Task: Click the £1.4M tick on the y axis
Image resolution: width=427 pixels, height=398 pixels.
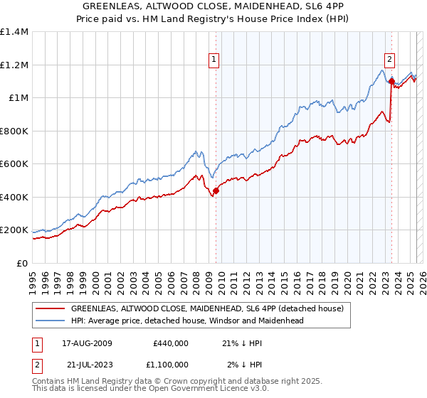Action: point(14,32)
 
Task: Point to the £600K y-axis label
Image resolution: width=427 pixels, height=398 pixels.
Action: point(14,164)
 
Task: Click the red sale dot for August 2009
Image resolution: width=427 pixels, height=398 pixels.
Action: point(216,190)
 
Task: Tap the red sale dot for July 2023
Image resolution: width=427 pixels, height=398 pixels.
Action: point(391,82)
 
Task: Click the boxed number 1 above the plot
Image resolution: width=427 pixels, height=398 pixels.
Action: point(213,60)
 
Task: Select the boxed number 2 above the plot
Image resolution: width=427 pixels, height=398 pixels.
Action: point(390,60)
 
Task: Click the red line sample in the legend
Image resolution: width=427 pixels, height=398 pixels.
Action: point(49,308)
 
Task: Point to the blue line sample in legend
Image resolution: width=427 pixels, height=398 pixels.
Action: point(49,321)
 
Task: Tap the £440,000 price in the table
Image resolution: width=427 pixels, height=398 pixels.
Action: point(170,344)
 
